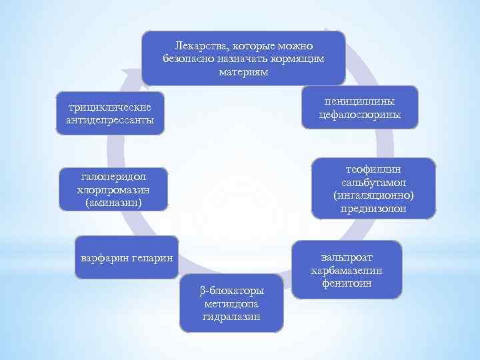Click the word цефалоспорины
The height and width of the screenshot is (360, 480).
tap(359, 115)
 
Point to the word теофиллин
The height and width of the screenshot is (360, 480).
tap(373, 170)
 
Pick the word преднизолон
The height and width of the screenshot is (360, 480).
tap(373, 209)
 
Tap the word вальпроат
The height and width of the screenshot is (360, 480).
tap(346, 257)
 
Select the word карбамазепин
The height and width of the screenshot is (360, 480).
tap(346, 271)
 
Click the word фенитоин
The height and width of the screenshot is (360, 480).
tap(346, 283)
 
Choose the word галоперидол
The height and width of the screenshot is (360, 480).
tap(113, 176)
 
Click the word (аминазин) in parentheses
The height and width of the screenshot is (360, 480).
tap(113, 201)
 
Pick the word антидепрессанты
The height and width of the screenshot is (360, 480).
tap(110, 120)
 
